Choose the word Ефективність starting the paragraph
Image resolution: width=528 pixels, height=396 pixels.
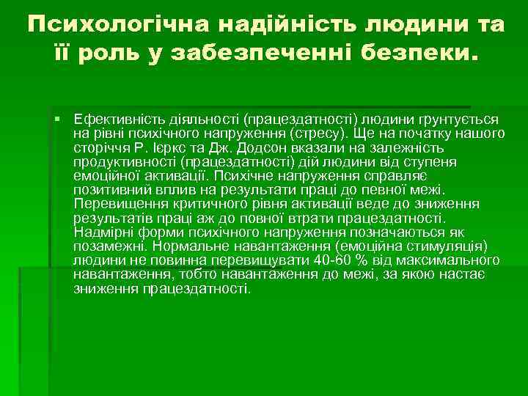(x=113, y=119)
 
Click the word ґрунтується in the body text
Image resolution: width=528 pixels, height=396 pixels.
(x=458, y=119)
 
